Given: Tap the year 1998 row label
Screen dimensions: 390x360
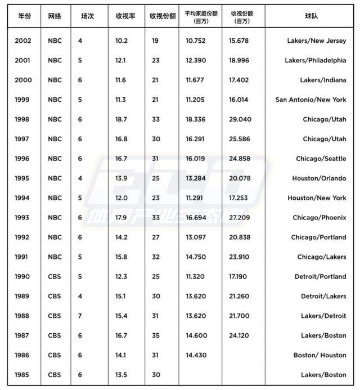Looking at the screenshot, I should click(24, 119).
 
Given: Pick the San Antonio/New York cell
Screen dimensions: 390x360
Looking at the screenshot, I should click(310, 100).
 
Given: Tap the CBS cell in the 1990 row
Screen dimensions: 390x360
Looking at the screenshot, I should click(55, 276).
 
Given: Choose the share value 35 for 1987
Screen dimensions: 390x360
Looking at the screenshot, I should click(156, 335).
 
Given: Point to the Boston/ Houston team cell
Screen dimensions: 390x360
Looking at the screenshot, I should click(319, 355).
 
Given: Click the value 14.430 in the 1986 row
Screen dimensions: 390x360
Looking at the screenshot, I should click(196, 355).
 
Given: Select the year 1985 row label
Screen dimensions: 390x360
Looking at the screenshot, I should click(24, 375).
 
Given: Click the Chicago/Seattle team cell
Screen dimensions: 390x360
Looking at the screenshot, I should click(321, 159).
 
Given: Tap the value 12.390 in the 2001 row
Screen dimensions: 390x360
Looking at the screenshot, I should click(196, 61).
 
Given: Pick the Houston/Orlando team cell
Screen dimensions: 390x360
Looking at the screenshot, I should click(319, 178).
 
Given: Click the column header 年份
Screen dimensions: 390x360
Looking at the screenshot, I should click(24, 16).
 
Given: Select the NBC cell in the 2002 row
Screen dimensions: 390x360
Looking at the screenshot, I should click(55, 41).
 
